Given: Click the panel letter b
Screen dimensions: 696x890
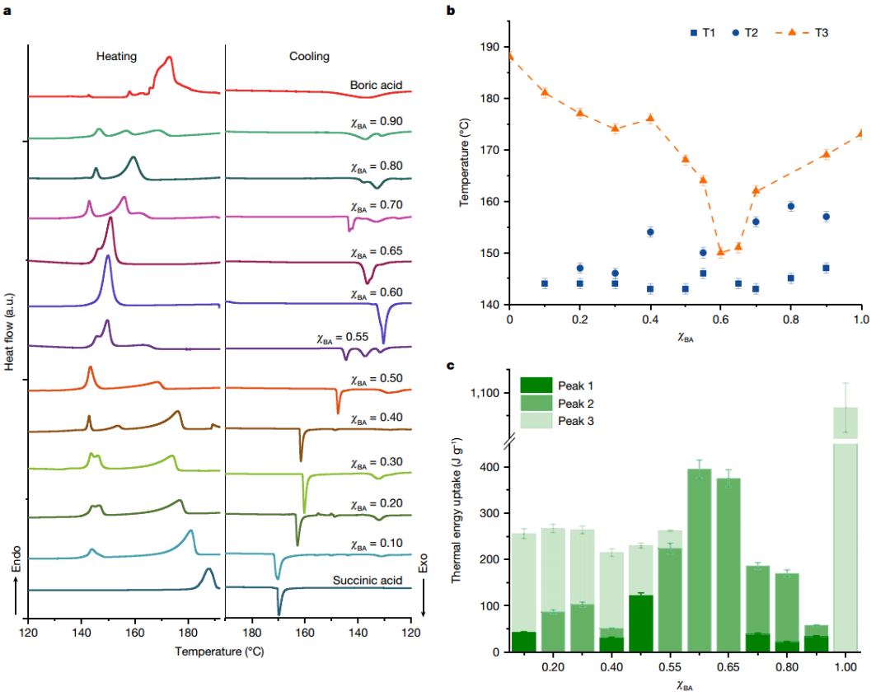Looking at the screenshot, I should click(x=450, y=11).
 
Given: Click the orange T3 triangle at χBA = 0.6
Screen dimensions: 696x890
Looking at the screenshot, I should click(x=721, y=252).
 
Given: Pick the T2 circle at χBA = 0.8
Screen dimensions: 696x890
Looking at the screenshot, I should click(x=791, y=206).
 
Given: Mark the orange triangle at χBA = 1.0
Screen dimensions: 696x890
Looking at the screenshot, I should click(x=861, y=133).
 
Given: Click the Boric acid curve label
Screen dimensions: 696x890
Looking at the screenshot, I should click(x=375, y=84).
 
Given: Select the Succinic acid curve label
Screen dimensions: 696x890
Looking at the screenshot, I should click(x=367, y=580).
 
